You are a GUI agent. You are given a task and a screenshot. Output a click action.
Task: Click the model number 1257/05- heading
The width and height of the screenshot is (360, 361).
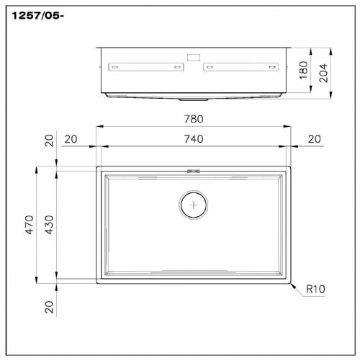pos(38,16)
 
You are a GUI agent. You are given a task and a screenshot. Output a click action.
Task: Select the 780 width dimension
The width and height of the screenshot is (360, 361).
pos(194,119)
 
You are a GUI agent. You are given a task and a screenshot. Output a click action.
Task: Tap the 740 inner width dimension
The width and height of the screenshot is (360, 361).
pos(194,139)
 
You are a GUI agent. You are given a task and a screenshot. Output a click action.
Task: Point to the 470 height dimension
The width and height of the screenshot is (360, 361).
pos(30,225)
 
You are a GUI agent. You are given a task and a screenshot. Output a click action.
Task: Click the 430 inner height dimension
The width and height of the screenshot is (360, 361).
pos(50,225)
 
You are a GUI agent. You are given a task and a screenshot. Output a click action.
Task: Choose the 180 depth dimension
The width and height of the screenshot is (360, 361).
pos(304,70)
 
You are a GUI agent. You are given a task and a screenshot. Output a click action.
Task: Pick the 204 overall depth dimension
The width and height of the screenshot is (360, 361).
pos(323,73)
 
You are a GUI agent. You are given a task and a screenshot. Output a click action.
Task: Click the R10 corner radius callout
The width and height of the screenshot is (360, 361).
pos(315,289)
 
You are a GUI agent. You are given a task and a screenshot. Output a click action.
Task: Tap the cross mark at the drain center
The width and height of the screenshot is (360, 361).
pos(194,205)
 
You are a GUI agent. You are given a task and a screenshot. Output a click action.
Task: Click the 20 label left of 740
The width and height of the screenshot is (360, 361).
pos(71,139)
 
